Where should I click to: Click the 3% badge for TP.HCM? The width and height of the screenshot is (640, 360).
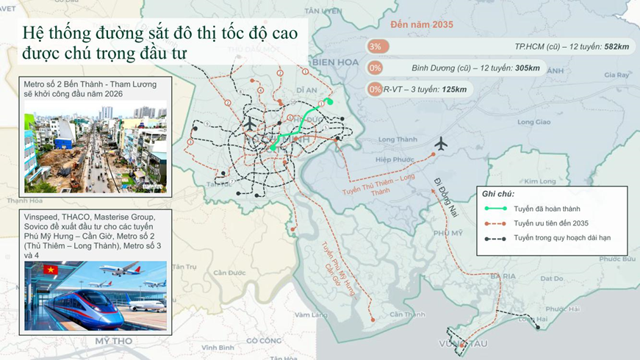375,46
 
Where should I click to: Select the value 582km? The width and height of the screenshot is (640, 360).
616,47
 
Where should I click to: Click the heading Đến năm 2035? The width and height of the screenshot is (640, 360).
422,24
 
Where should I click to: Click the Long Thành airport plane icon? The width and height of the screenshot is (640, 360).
441,143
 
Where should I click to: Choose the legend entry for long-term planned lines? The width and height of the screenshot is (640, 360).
562,237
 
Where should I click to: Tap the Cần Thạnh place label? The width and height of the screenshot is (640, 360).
407,314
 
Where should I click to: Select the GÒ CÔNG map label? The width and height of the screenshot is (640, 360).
264,340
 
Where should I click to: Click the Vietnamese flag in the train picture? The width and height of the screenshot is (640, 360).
51,270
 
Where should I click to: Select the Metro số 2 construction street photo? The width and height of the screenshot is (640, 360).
95,147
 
